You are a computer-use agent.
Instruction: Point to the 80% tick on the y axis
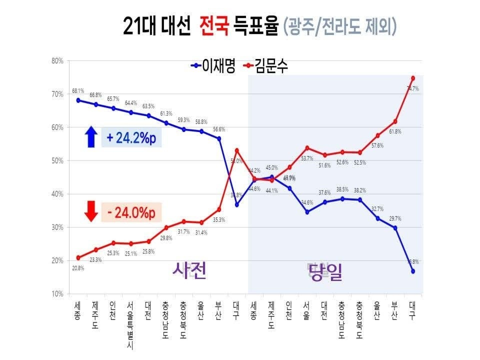56,61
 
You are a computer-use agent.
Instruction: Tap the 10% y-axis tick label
56,294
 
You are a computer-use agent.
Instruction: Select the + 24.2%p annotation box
131,137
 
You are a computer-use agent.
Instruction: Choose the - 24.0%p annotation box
131,212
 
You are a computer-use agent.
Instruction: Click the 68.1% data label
78,91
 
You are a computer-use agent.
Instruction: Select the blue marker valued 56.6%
218,138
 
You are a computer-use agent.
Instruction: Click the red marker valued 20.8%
78,258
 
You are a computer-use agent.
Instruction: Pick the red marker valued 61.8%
395,121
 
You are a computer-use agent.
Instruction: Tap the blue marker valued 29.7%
395,228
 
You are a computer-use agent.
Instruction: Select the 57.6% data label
377,145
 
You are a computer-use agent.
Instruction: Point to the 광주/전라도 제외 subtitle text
340,26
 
